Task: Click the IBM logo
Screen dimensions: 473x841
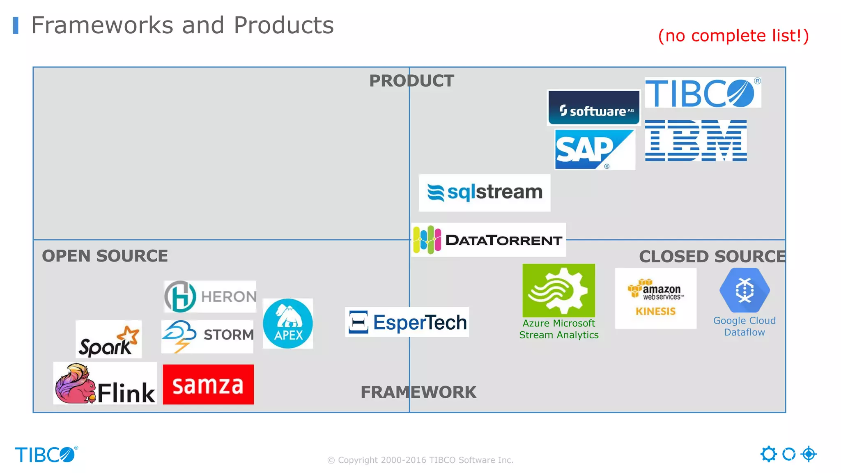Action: pyautogui.click(x=696, y=140)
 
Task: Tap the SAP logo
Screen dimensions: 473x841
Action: pyautogui.click(x=594, y=149)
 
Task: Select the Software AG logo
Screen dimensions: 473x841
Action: pyautogui.click(x=594, y=108)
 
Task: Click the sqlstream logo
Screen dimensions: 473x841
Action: pyautogui.click(x=484, y=193)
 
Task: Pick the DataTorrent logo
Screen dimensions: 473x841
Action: pyautogui.click(x=489, y=240)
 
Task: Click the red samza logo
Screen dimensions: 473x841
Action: pyautogui.click(x=208, y=384)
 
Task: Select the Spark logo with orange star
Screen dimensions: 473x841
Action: pyautogui.click(x=109, y=340)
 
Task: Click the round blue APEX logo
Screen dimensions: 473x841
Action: pyautogui.click(x=287, y=324)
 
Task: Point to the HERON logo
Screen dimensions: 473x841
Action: pyautogui.click(x=210, y=296)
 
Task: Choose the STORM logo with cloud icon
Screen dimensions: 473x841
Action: pyautogui.click(x=207, y=336)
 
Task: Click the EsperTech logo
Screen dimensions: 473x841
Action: pyautogui.click(x=407, y=322)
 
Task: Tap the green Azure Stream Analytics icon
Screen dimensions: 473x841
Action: pyautogui.click(x=558, y=290)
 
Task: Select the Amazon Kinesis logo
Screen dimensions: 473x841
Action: pyautogui.click(x=655, y=298)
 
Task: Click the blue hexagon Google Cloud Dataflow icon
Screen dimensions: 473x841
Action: pyautogui.click(x=744, y=290)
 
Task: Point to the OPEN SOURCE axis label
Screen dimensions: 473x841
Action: pyautogui.click(x=105, y=256)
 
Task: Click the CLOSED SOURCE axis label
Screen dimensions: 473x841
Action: pyautogui.click(x=712, y=256)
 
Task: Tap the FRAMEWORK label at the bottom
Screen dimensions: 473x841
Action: pyautogui.click(x=418, y=392)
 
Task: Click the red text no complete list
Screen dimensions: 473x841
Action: pyautogui.click(x=733, y=36)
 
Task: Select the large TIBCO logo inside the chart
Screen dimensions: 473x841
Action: pyautogui.click(x=703, y=93)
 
